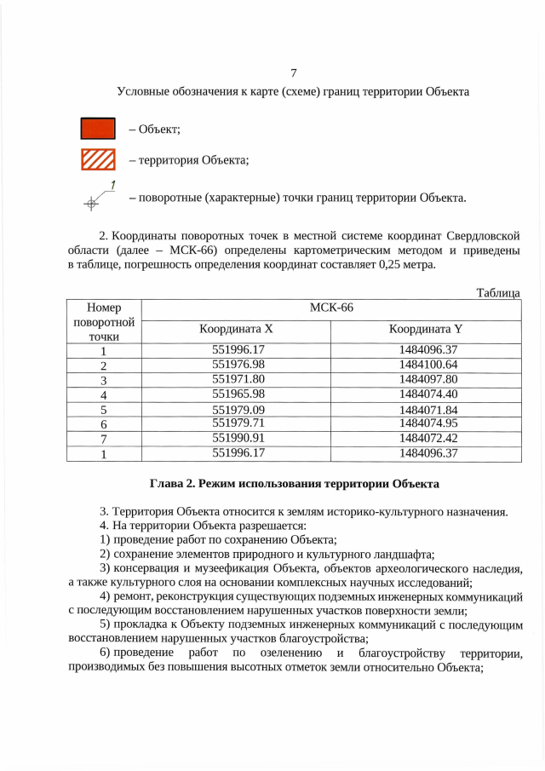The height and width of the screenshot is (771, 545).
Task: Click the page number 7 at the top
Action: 293,72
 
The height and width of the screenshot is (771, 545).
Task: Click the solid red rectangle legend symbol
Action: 97,129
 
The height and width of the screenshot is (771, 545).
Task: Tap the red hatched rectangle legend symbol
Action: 97,159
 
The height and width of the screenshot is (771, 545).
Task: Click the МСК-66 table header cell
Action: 330,308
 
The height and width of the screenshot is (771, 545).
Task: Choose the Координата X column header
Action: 236,329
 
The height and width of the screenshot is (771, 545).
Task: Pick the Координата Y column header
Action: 426,329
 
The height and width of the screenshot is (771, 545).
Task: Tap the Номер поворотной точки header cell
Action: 104,321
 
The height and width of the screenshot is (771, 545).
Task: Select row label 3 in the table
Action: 103,380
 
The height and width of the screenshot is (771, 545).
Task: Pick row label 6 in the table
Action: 103,424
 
